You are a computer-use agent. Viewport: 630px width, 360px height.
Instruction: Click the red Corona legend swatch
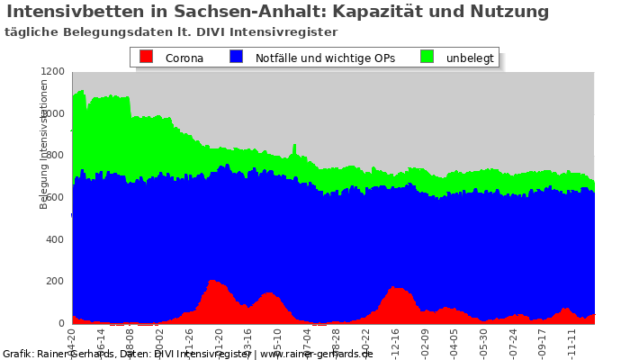(147, 57)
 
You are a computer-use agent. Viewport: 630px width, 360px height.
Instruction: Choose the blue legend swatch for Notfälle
(236, 57)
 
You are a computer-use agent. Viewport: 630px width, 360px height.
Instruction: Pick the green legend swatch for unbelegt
(427, 57)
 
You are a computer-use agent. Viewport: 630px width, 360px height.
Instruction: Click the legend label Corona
(184, 58)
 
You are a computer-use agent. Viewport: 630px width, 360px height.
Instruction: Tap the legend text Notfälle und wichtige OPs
(325, 58)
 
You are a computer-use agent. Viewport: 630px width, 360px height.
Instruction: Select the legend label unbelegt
(470, 58)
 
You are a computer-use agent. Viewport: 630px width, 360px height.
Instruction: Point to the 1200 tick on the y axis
(55, 71)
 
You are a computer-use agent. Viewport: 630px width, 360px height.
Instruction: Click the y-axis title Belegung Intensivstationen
(44, 144)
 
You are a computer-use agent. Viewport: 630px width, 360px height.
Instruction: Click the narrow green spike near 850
(293, 146)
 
